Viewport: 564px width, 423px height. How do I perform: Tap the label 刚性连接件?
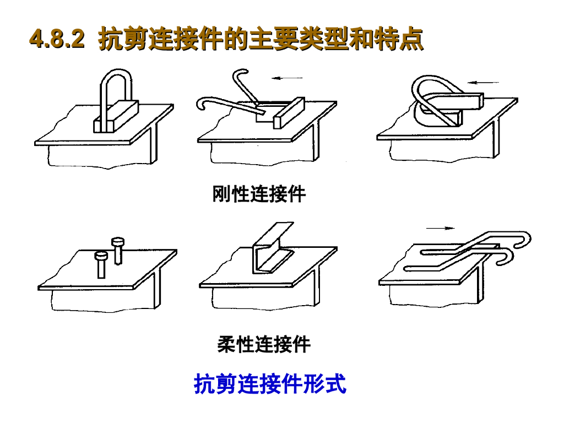[x=259, y=194]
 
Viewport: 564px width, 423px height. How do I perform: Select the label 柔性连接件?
[x=264, y=344]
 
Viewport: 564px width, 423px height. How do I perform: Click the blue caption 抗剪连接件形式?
[x=270, y=384]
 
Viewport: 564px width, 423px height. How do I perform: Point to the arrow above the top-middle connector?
[x=288, y=78]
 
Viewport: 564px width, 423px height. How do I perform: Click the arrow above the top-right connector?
[x=484, y=83]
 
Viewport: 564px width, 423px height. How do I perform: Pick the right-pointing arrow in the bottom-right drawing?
[x=441, y=228]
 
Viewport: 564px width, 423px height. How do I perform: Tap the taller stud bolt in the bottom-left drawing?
[x=118, y=251]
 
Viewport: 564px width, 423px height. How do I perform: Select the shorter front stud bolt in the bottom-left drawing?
[x=101, y=265]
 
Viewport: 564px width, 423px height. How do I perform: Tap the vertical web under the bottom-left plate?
[x=157, y=290]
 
